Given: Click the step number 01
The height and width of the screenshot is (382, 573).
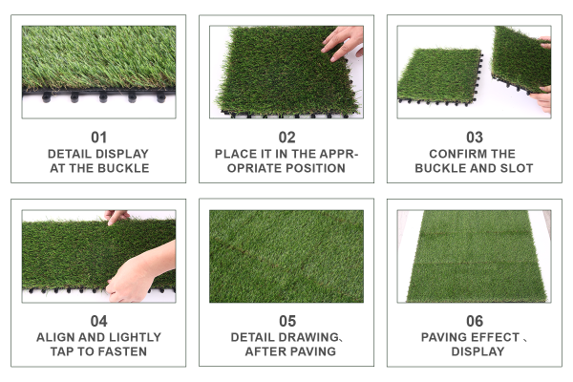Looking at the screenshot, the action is click(x=98, y=138).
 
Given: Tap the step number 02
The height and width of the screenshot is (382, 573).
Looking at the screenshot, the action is click(x=286, y=138).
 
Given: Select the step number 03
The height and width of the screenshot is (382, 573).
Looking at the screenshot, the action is click(x=475, y=138).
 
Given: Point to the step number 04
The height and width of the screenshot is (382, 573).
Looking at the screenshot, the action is click(x=98, y=321).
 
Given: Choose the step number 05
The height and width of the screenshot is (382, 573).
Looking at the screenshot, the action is click(x=287, y=321).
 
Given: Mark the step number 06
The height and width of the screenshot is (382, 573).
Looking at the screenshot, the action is click(x=475, y=321).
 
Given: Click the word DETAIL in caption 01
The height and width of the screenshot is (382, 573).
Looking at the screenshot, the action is click(x=69, y=154).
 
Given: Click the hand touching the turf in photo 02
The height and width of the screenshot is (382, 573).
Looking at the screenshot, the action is click(x=344, y=43).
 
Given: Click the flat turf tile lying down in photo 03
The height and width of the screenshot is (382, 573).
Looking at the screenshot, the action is click(x=439, y=76).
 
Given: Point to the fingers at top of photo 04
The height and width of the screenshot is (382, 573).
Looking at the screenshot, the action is click(x=117, y=217).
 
